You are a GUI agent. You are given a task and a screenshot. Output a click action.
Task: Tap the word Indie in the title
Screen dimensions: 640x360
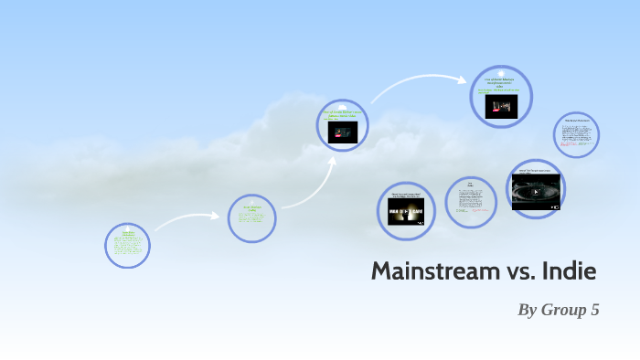point(569,271)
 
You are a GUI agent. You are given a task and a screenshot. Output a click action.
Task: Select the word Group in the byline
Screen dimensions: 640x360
point(564,310)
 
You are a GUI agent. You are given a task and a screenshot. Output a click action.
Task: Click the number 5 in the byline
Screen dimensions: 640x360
point(594,310)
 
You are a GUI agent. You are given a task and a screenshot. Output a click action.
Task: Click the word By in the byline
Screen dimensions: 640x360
point(528,310)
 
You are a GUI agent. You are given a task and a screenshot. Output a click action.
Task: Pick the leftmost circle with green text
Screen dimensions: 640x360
point(127,246)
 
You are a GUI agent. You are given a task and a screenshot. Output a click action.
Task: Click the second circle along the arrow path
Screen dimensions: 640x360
point(251,218)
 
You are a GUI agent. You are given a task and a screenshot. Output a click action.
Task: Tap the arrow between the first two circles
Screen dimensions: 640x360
point(187,219)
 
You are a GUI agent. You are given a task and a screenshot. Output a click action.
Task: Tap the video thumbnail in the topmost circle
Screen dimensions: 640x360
point(500,107)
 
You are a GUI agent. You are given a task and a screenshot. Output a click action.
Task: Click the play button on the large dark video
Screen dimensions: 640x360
point(536,192)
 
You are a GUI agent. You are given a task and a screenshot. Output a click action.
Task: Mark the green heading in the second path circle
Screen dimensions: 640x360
point(251,208)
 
